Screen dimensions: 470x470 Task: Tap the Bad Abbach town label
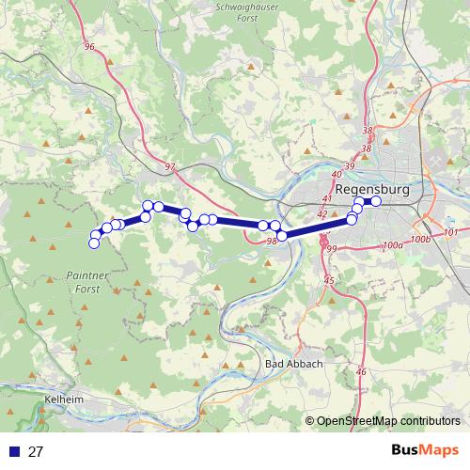point(295,364)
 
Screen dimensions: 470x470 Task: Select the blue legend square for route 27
point(12,451)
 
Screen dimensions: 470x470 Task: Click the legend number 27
point(37,451)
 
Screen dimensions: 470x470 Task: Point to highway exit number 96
point(90,46)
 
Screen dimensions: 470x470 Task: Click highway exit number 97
point(169,166)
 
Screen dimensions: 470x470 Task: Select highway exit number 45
point(328,281)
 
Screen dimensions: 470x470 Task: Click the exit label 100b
point(421,239)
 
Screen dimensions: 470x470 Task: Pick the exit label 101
point(448,231)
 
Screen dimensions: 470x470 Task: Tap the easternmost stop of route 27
point(375,201)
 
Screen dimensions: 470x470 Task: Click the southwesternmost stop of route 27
point(94,244)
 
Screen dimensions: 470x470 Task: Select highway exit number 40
point(337,175)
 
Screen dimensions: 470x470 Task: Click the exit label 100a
point(392,244)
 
